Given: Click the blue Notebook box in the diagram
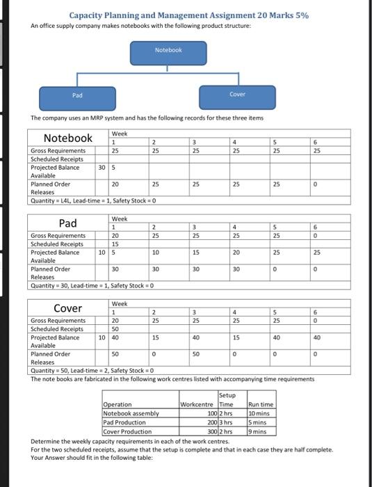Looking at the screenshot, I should coord(168,51).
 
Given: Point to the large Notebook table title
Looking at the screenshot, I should coord(68,138).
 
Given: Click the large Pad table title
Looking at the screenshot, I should coord(68,223).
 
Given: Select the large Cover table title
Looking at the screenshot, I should coord(68,308).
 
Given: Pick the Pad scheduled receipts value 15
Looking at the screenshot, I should coord(115,244).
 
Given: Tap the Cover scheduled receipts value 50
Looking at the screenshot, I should coord(115,329).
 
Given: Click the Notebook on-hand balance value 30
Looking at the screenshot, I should coord(102,168).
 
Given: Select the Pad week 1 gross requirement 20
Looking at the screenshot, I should coord(115,236).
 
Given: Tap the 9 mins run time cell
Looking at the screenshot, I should coord(259,431).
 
